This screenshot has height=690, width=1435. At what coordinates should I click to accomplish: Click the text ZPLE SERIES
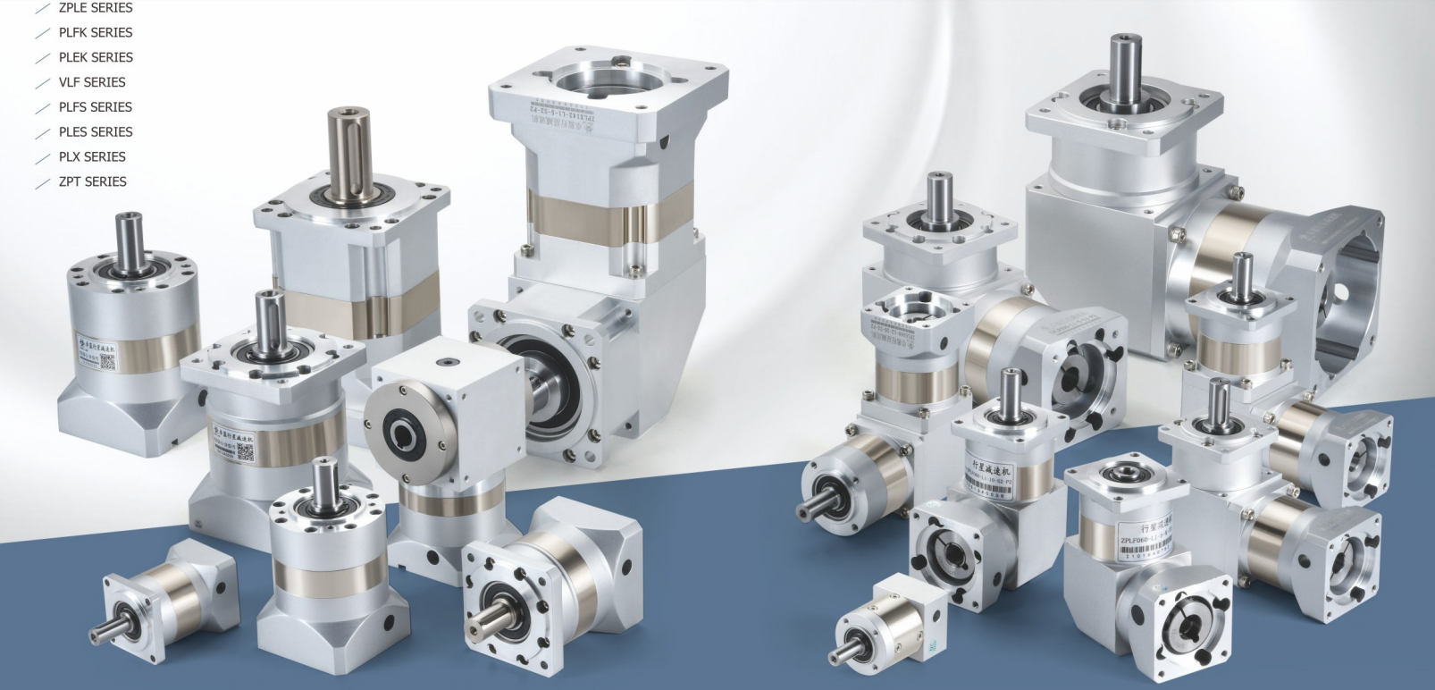click(95, 8)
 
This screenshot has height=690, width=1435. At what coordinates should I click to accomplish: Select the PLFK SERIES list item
click(95, 32)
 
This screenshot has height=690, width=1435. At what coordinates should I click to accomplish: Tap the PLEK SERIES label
click(96, 57)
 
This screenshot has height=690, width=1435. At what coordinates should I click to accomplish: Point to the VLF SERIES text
click(92, 82)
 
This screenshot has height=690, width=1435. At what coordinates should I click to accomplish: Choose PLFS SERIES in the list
click(95, 107)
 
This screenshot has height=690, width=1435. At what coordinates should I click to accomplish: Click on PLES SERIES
click(96, 132)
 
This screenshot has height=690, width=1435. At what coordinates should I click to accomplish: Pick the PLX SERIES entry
click(92, 157)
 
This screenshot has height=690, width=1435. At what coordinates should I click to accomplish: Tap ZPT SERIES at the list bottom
click(92, 181)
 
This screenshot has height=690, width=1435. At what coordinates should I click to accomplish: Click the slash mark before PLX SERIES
click(42, 159)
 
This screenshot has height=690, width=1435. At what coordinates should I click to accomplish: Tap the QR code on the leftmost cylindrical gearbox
click(106, 362)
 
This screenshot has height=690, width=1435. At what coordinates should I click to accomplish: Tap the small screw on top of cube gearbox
click(443, 360)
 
